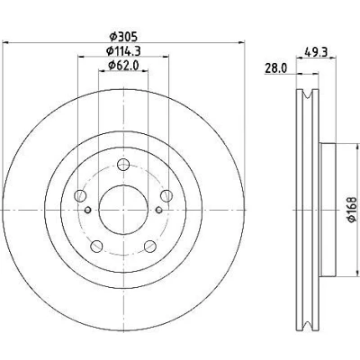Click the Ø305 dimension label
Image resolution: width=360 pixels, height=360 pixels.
tap(123, 37)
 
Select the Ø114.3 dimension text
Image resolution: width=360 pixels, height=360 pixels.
tap(123, 51)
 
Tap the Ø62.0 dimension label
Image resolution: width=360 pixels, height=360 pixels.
tap(123, 65)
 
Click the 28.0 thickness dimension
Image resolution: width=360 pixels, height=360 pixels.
tap(275, 68)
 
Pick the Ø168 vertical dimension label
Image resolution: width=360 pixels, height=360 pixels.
tap(352, 210)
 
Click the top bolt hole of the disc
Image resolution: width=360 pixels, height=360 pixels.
tap(123, 165)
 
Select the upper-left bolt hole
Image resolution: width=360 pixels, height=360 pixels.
tap(80, 196)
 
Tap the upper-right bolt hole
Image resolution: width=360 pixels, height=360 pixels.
tap(166, 196)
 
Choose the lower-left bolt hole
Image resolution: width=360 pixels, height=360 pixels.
tap(96, 247)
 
